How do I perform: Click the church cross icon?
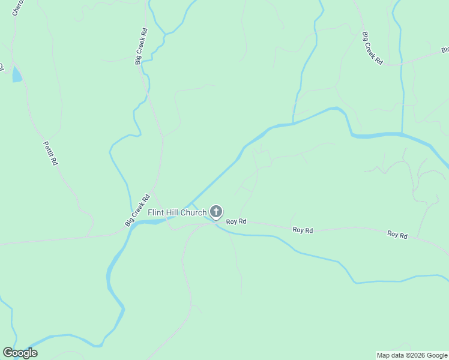point(216,212)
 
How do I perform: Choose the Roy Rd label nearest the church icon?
point(237,221)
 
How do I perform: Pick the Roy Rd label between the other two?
point(303,230)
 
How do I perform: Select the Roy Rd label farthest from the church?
point(397,235)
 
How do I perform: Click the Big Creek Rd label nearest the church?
point(137,210)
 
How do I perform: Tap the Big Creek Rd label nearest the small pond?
point(141,46)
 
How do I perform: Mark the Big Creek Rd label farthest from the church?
point(372,47)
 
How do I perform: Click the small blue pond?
point(16,74)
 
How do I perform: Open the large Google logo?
point(20,353)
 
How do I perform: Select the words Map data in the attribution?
point(391,355)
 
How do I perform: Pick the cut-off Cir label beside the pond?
point(2,66)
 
